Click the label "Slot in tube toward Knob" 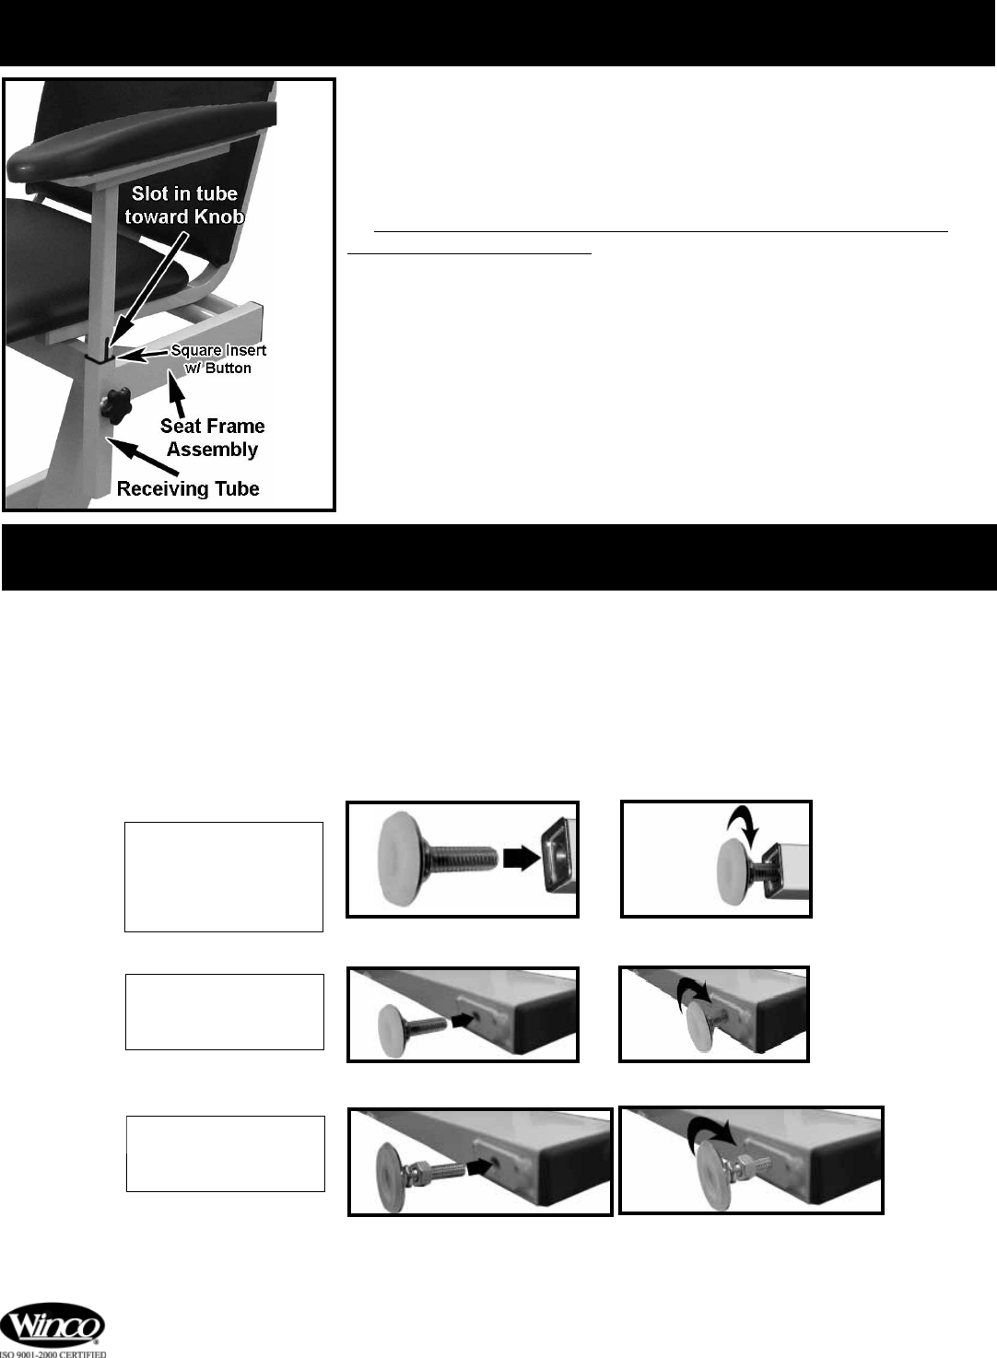point(184,205)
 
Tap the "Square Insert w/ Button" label point(218,359)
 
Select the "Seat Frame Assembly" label point(212,437)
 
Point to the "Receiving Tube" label point(188,488)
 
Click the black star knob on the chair point(116,405)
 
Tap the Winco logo point(53,1325)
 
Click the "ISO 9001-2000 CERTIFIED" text point(53,1353)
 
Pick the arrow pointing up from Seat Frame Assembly point(176,394)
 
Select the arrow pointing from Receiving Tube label point(145,457)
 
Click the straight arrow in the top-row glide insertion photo point(522,858)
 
